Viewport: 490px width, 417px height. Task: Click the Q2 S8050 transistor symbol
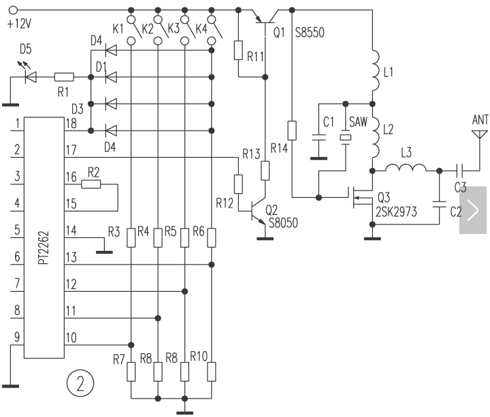click(x=258, y=210)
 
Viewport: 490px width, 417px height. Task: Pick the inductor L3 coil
click(x=406, y=168)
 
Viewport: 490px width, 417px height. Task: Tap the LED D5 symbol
click(x=30, y=78)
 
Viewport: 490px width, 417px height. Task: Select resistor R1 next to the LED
click(x=64, y=78)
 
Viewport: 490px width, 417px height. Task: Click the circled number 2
click(x=80, y=384)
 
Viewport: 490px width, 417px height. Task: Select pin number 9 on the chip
click(x=16, y=337)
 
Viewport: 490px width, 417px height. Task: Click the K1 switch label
click(x=118, y=29)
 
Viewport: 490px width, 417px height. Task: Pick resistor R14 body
click(x=292, y=131)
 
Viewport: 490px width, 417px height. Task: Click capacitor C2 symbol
click(x=439, y=202)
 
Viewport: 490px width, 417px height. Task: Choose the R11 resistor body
click(x=239, y=50)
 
